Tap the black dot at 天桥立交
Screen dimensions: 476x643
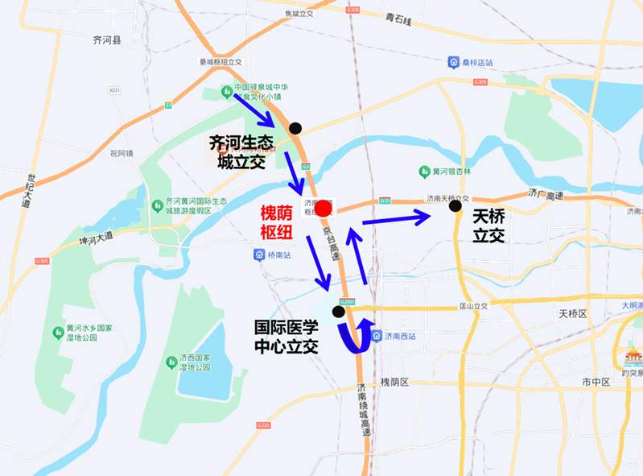(455, 206)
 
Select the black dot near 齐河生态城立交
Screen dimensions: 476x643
(296, 127)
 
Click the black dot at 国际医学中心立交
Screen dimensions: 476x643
(339, 312)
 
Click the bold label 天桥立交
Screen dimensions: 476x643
(488, 226)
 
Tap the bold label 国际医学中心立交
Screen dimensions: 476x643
(286, 337)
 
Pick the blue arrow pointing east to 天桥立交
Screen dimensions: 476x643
(396, 217)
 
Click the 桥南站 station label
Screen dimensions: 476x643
(276, 255)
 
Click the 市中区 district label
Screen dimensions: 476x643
(596, 381)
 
